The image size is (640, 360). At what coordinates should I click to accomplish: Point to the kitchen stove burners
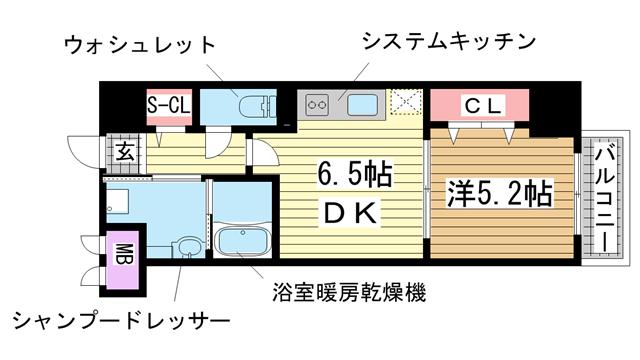click(318, 103)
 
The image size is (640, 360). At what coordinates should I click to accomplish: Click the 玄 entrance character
click(124, 152)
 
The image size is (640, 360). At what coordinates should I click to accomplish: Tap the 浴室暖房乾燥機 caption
click(348, 293)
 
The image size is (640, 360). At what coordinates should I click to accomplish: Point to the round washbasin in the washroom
click(187, 248)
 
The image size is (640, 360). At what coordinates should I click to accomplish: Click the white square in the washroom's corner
click(117, 199)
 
